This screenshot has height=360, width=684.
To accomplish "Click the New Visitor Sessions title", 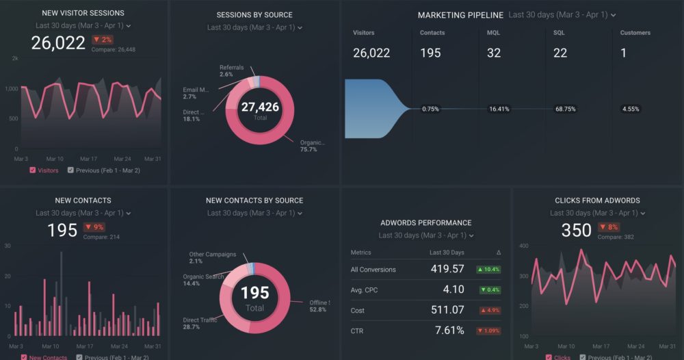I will point(83,13).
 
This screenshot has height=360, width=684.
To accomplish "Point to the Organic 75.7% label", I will point(311,146).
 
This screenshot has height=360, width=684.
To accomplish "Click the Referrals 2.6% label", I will point(231,70).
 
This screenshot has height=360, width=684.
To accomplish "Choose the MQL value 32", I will point(494,53).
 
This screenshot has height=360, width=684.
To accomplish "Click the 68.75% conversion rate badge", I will point(565,109).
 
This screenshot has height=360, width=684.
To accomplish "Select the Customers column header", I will point(635,33).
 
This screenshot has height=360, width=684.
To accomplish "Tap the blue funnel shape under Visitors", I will point(373,109).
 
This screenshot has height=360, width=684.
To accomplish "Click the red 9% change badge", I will point(94,227).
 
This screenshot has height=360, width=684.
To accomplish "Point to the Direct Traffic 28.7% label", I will point(200,323).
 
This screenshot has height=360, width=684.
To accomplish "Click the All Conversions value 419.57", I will point(447,269).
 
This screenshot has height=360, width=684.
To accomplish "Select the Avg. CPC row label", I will point(364,290).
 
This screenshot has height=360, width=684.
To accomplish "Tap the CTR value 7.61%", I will point(449,331).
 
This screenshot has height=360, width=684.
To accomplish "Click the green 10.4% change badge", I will point(488,270).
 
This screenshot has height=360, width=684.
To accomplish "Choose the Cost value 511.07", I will point(447,310).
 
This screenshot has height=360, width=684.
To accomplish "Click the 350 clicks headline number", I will point(576,231).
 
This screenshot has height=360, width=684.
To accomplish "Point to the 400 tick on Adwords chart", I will point(523,245).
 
